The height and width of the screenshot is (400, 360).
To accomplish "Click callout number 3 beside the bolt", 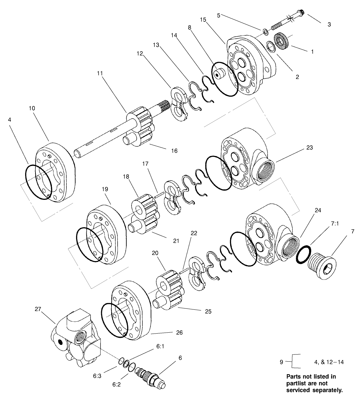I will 329,24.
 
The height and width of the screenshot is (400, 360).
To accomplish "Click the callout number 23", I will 309,148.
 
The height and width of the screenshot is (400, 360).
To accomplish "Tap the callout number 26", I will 179,332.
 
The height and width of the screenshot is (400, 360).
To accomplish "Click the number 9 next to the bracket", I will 282,362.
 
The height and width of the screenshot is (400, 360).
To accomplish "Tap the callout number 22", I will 194,233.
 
